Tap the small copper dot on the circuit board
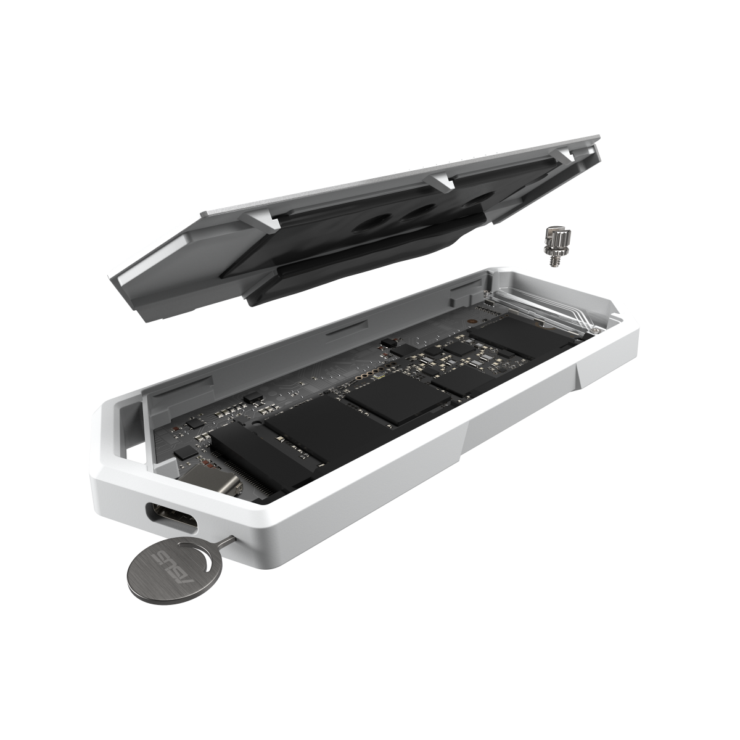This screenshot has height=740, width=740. coord(471,321)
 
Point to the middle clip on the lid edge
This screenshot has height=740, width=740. coord(443,180)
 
